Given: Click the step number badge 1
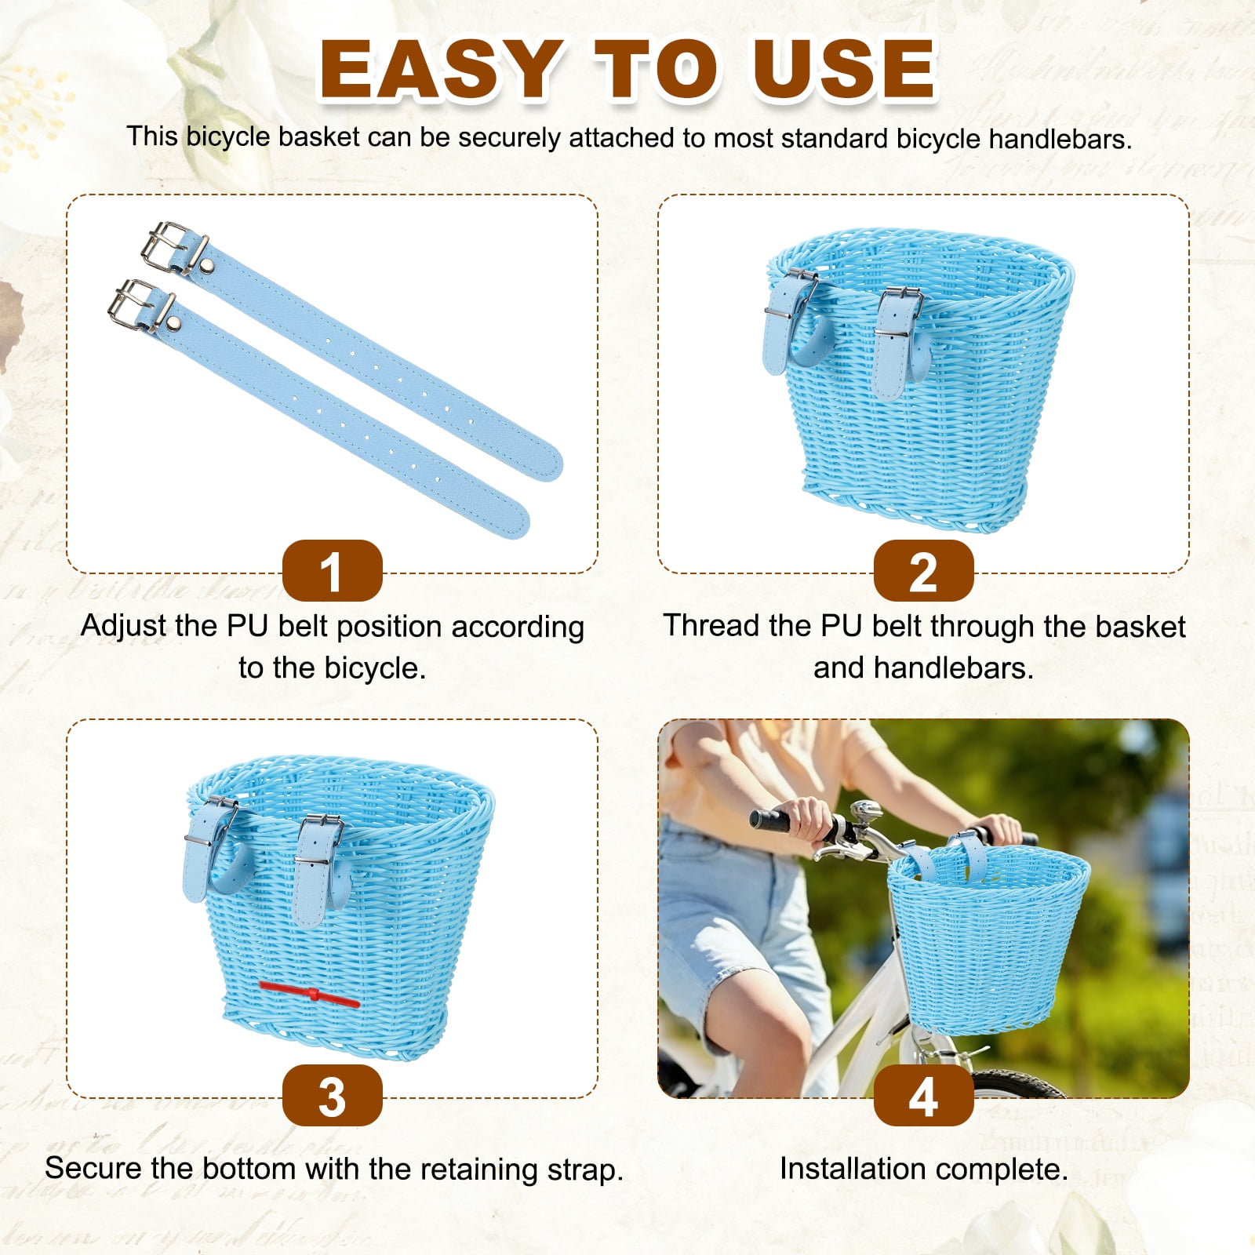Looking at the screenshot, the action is [x=332, y=571].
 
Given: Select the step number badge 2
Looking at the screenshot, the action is [x=923, y=571].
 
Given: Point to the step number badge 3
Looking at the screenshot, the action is [x=332, y=1096].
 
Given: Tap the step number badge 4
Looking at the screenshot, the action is [x=923, y=1096].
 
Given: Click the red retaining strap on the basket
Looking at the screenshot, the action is [x=309, y=994].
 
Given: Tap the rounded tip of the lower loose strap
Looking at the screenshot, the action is [x=515, y=519].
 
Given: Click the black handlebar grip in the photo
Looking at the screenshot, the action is [x=777, y=820].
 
